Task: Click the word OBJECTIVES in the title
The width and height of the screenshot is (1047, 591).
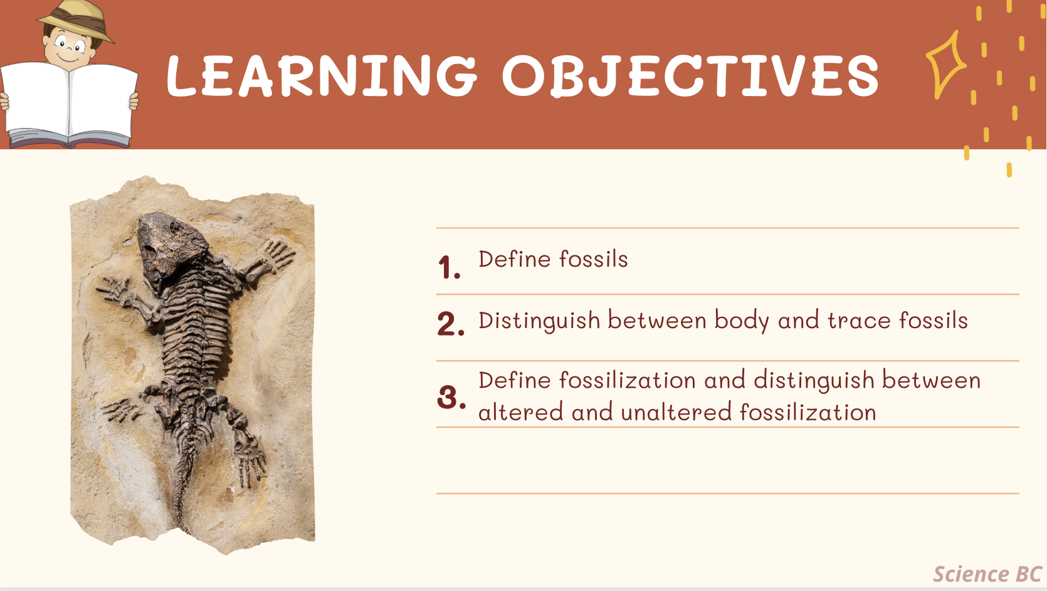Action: coord(691,76)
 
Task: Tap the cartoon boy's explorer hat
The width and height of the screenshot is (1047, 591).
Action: coord(76,21)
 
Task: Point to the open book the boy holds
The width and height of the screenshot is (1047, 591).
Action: coord(69,105)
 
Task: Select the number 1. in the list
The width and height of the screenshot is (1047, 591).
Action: coord(450,268)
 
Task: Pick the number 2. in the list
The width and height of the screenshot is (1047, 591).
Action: coord(451,323)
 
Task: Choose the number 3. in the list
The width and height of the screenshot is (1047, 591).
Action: coord(451,397)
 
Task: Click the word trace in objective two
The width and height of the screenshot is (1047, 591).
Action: coord(859,321)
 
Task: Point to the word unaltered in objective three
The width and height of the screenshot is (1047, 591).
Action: coord(676,412)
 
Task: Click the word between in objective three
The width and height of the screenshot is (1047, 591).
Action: coord(931,380)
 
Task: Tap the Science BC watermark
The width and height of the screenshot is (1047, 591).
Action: coord(987,574)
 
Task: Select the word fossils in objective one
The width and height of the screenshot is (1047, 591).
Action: coord(594,259)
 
